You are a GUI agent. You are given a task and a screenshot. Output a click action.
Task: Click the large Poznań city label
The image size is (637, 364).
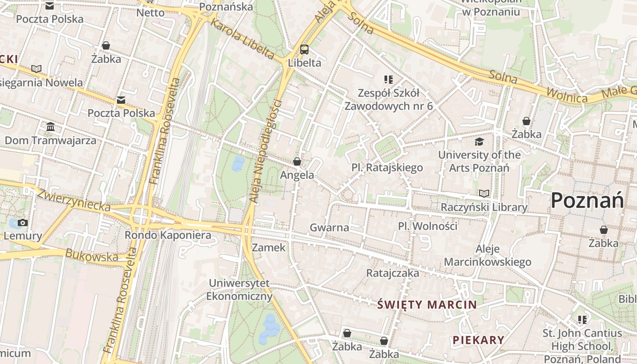point(586,200)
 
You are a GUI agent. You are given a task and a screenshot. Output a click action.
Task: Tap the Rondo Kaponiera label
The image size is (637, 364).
point(168,235)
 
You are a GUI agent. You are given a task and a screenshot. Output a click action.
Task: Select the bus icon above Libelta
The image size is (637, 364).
point(304,50)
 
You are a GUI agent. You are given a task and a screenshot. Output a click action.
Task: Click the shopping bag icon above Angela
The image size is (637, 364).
point(297,162)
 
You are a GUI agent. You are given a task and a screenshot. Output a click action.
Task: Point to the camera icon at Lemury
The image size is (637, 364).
point(23,223)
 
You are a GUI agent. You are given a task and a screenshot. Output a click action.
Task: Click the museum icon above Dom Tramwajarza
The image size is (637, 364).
point(51,126)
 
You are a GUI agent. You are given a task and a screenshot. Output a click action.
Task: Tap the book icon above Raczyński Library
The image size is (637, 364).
point(484,194)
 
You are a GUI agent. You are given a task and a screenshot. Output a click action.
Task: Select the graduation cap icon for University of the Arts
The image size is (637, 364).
point(479,142)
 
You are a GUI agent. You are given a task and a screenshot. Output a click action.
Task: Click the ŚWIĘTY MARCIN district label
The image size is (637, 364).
point(427,305)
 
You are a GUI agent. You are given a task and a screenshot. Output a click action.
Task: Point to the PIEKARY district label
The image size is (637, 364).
point(478,340)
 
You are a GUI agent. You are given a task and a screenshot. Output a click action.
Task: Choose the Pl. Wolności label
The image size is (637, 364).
point(427,226)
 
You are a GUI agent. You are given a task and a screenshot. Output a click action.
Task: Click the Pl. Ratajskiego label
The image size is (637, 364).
point(387,168)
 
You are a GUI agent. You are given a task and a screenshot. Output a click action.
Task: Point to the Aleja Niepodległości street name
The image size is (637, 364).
point(266,151)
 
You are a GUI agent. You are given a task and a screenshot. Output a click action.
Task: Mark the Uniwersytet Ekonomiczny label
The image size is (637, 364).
point(239,290)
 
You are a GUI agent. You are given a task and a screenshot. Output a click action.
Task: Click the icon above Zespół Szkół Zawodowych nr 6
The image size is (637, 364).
point(388,80)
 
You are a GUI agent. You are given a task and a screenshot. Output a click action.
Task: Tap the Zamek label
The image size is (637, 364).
point(268,248)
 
